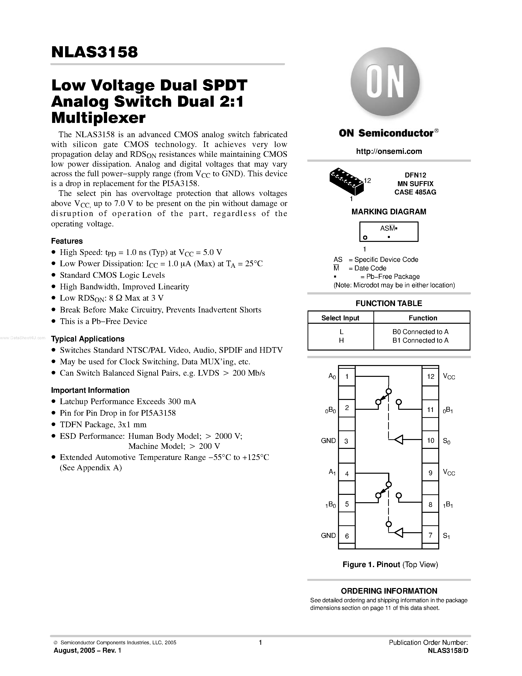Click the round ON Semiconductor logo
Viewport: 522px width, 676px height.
pos(385,82)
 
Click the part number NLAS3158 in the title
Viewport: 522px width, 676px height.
pos(95,52)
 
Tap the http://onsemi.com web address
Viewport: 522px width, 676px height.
pos(389,151)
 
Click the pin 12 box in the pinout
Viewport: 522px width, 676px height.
pos(430,376)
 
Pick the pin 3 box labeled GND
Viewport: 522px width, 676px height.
pos(346,441)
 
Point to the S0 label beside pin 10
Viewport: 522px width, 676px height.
pos(447,441)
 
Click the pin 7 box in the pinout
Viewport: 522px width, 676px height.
pos(430,535)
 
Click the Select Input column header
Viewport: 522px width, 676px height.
pos(340,318)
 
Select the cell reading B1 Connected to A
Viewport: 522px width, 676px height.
pos(420,340)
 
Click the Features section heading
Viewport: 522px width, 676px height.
pos(67,241)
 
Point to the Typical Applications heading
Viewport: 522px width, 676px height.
pos(88,339)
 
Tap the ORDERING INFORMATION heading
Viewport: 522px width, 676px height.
pos(389,591)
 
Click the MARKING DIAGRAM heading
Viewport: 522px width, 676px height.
pos(389,212)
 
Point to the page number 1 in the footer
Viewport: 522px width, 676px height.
pos(260,642)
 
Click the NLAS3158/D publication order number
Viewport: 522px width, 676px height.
pos(448,650)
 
